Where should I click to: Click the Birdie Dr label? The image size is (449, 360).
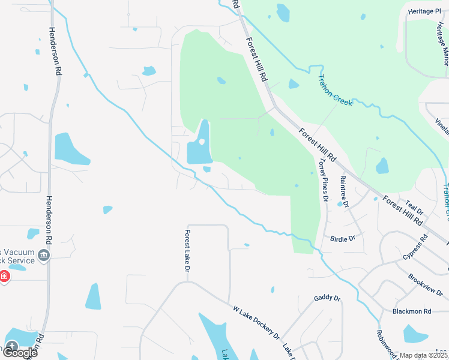(x=343, y=238)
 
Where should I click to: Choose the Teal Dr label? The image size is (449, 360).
(x=415, y=208)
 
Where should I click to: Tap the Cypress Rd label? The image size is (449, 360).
(x=416, y=245)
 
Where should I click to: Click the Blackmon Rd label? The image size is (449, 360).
(x=412, y=311)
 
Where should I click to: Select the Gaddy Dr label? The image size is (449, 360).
(x=327, y=298)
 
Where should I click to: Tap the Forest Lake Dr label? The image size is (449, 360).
(x=187, y=252)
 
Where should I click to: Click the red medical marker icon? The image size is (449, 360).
(x=4, y=277)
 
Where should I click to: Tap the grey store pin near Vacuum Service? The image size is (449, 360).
(x=43, y=256)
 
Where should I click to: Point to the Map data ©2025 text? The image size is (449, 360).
(x=424, y=355)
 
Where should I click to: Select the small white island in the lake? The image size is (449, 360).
(x=202, y=142)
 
